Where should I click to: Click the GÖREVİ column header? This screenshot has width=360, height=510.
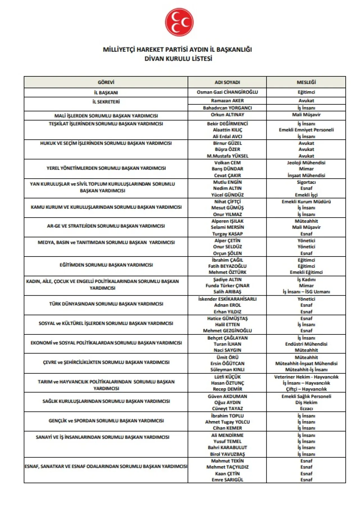[x=106, y=82]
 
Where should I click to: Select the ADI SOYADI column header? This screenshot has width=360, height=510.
[x=227, y=82]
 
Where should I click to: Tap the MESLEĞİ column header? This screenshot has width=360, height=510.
[x=306, y=82]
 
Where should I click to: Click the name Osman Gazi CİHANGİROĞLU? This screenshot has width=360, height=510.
[x=227, y=92]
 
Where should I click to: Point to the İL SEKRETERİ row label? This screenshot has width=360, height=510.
[x=106, y=102]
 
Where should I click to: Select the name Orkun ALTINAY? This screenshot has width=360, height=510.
[x=227, y=115]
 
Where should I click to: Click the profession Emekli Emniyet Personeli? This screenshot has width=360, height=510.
[x=306, y=130]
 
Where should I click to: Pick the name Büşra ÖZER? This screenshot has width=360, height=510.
[x=227, y=149]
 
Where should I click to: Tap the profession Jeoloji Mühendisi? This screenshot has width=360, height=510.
[x=306, y=163]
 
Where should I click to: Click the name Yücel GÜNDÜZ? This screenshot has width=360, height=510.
[x=227, y=195]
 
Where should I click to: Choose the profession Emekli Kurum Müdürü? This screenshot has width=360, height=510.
[x=306, y=202]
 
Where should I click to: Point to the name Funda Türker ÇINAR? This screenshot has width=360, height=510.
[x=227, y=285]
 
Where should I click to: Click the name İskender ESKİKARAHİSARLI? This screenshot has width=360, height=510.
[x=227, y=299]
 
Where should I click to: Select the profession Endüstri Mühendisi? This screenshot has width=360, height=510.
[x=306, y=344]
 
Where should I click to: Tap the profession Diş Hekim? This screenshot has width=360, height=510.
[x=306, y=402]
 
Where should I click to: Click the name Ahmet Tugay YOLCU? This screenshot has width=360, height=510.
[x=227, y=422]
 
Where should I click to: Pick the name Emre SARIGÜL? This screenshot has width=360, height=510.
[x=227, y=480]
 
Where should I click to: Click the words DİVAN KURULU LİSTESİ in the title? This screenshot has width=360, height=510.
[x=178, y=59]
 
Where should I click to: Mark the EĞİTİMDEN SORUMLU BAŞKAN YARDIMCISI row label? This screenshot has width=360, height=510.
[x=106, y=265]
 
